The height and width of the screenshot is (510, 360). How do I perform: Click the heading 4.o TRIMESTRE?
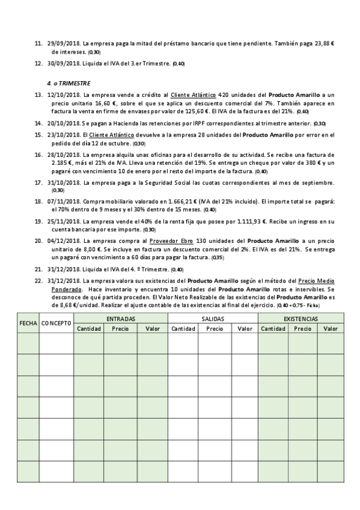[68, 82]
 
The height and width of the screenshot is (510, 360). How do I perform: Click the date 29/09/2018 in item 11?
[63, 44]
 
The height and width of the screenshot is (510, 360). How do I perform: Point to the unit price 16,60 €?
[94, 103]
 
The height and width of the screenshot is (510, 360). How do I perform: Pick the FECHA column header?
[28, 323]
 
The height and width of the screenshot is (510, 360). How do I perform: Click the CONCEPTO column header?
[57, 323]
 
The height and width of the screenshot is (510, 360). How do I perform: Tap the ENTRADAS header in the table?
[121, 318]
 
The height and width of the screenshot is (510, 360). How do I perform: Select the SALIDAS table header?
[213, 318]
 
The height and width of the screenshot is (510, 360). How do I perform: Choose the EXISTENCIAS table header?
[301, 318]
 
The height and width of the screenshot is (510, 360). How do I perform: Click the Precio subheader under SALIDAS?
[215, 328]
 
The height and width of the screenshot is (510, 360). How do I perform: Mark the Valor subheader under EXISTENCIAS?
[331, 328]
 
